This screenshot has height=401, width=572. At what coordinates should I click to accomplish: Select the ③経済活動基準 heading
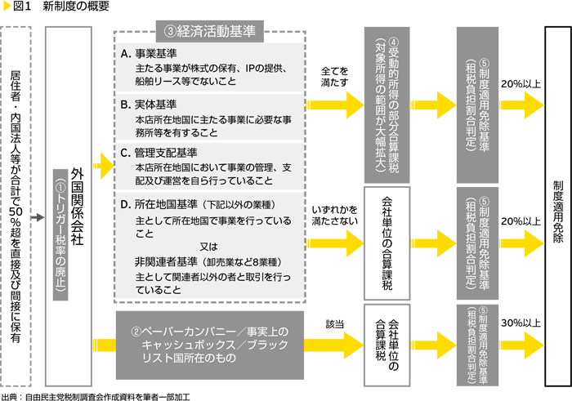pyautogui.click(x=210, y=32)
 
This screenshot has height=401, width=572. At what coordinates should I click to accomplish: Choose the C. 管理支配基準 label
pyautogui.click(x=155, y=151)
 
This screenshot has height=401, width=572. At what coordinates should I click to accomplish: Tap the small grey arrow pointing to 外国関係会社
pyautogui.click(x=38, y=218)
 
